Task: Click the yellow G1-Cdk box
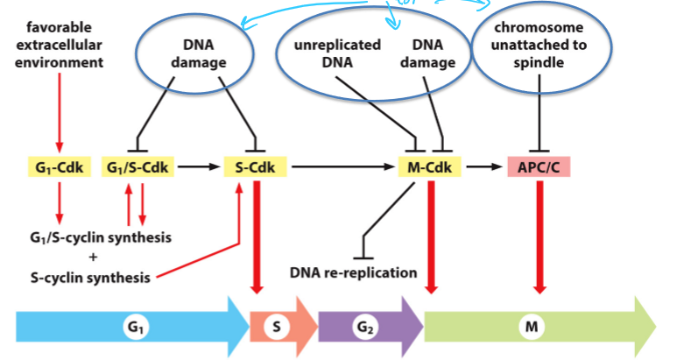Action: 60,166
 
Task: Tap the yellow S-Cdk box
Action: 256,166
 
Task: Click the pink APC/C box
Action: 538,166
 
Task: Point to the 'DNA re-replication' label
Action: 354,273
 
